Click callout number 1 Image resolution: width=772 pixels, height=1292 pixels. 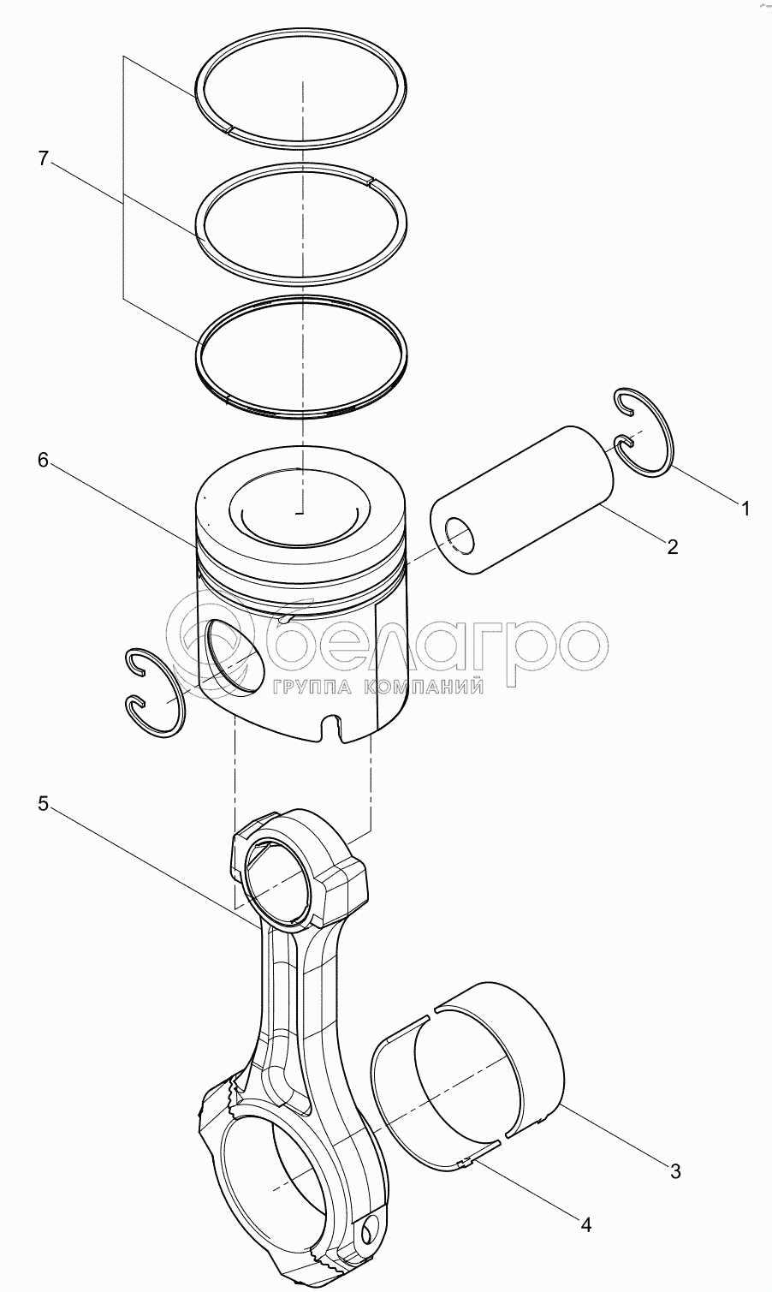745,508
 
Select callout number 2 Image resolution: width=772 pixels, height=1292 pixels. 672,546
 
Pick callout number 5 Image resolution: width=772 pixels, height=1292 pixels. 44,803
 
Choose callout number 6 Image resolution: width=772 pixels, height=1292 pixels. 44,460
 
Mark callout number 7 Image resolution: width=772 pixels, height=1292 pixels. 44,158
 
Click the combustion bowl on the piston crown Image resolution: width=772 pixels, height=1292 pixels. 300,508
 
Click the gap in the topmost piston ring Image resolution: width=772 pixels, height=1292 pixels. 229,129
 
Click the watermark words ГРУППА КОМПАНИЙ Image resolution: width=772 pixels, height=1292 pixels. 377,687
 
